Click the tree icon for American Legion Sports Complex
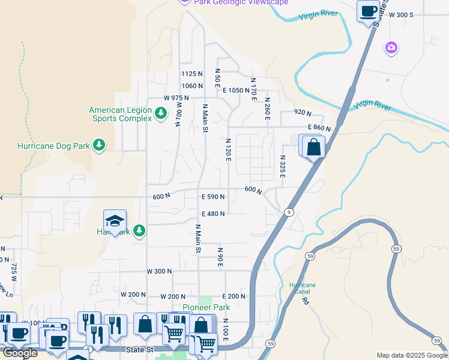pyautogui.click(x=160, y=113)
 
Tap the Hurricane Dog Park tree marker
pyautogui.click(x=99, y=145)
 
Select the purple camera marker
pyautogui.click(x=391, y=47)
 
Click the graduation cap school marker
pyautogui.click(x=115, y=221)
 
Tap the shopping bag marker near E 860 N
pyautogui.click(x=313, y=147)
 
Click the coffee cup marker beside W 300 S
pyautogui.click(x=367, y=11)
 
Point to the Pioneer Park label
pyautogui.click(x=206, y=307)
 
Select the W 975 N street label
pyautogui.click(x=176, y=98)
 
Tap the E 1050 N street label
pyautogui.click(x=236, y=90)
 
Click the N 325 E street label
pyautogui.click(x=282, y=166)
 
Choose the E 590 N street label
pyautogui.click(x=213, y=197)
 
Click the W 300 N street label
pyautogui.click(x=160, y=271)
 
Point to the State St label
pyautogui.click(x=140, y=349)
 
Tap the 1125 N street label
pyautogui.click(x=192, y=74)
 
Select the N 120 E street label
pyautogui.click(x=228, y=150)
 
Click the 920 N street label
pyautogui.click(x=303, y=112)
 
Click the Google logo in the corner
pyautogui.click(x=20, y=353)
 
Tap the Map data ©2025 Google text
pyautogui.click(x=411, y=355)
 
